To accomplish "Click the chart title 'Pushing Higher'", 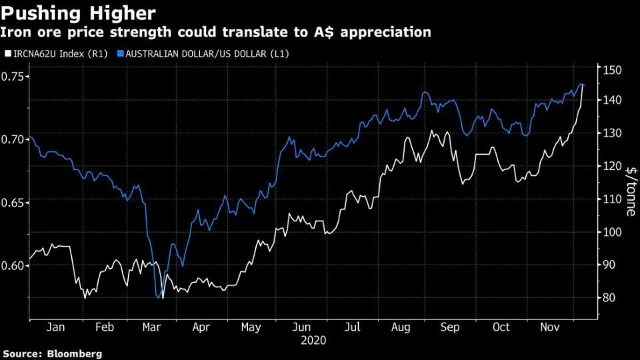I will coord(79,13).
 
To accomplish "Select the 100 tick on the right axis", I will coord(612,232).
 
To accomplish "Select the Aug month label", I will coord(400,328).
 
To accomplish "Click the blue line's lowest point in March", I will coord(157,298).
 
